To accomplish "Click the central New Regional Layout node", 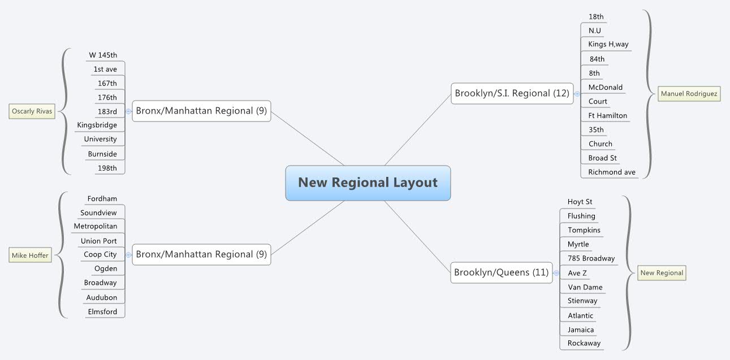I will [368, 183].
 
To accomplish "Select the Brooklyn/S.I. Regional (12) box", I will [512, 93].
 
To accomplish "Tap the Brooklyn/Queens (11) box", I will [501, 272].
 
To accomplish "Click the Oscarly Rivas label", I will [32, 111].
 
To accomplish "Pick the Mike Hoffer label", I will [30, 256].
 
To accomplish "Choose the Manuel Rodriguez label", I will [689, 94].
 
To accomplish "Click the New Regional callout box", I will [662, 273].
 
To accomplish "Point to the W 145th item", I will [103, 55].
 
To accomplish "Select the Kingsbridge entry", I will [97, 125].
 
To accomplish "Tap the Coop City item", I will [100, 254].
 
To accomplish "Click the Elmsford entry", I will [102, 311].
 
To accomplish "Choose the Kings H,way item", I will [608, 44].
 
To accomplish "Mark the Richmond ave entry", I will [611, 172].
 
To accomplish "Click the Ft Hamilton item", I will [607, 115].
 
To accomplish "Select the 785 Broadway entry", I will [591, 258].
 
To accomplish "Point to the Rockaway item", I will [584, 343].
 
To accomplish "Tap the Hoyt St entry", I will [580, 202].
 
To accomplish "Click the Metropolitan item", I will [96, 226].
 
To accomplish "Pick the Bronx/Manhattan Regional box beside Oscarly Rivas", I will [201, 111].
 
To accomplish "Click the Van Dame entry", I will [585, 287].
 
